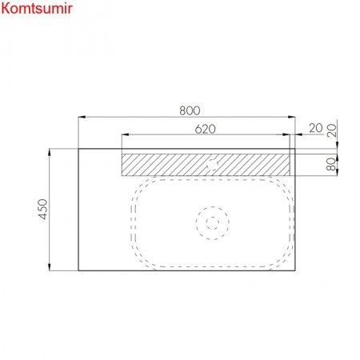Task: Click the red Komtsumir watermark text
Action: click(x=37, y=8)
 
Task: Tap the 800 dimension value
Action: click(x=190, y=110)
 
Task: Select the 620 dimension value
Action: click(x=205, y=129)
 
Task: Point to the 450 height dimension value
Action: click(x=43, y=209)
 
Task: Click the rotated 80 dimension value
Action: click(x=331, y=164)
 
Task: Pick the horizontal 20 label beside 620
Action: click(x=316, y=128)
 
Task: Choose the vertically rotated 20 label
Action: click(x=332, y=130)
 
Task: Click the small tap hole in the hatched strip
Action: click(x=213, y=165)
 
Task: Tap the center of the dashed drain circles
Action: click(x=213, y=222)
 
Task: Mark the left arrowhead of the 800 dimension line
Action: click(x=82, y=117)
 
